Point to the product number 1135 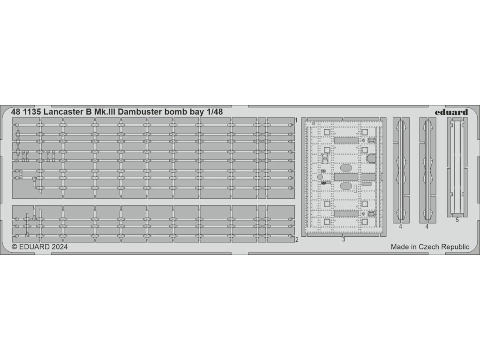tap(33, 112)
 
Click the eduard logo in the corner tap(451, 112)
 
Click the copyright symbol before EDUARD tap(14, 247)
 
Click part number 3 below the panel tap(344, 239)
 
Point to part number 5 tap(457, 219)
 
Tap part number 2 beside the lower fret tap(297, 240)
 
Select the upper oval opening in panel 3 tap(346, 167)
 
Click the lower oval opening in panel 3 tap(346, 186)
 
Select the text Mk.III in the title tap(103, 112)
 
